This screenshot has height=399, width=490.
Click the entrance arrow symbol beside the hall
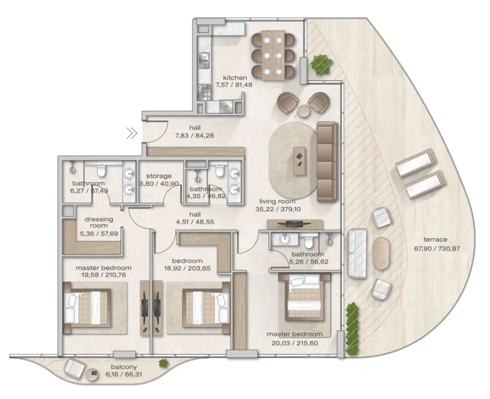pos(132,133)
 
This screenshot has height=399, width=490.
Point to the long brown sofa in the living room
pos(327,162)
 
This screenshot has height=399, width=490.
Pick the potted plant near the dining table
pos(321,64)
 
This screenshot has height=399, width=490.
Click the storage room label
pos(159,180)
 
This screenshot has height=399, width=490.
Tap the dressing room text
pos(99,222)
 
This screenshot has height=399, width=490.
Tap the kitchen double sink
pos(204,60)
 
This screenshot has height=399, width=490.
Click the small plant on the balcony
pos(163,363)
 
